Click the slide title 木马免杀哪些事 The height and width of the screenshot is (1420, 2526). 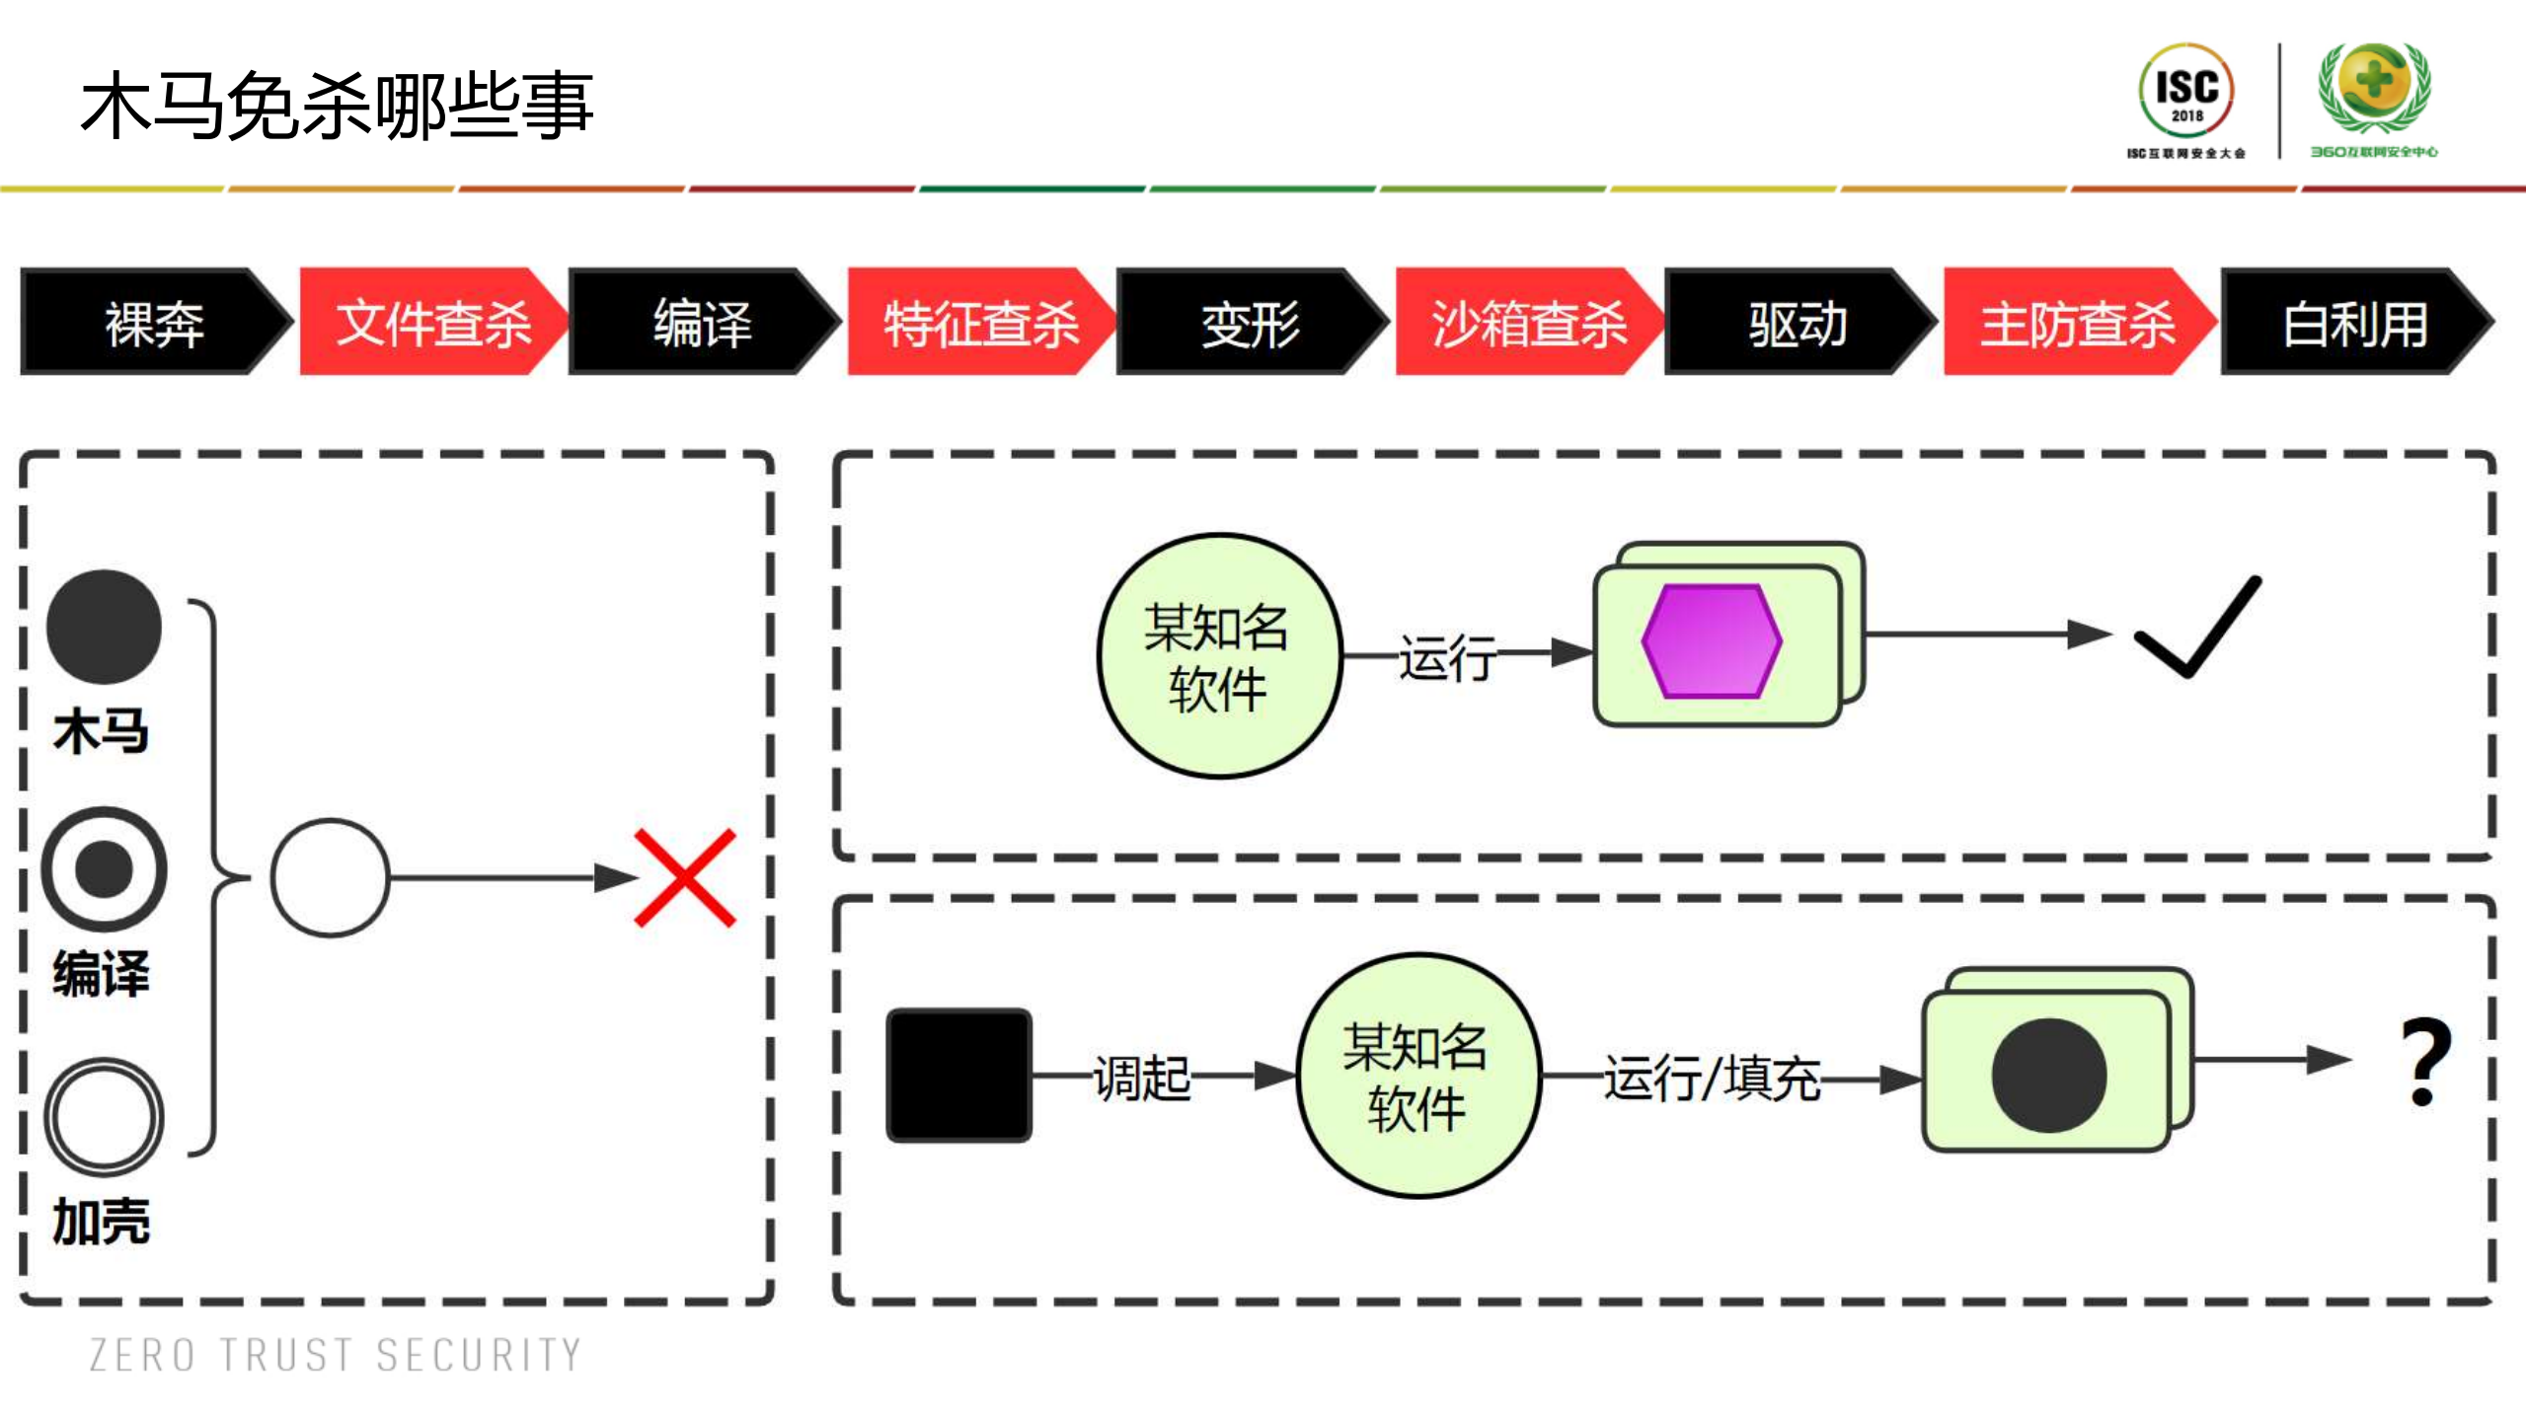[336, 106]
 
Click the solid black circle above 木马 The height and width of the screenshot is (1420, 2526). [104, 627]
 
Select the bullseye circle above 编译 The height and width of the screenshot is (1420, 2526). [104, 868]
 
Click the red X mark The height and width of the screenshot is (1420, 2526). [685, 877]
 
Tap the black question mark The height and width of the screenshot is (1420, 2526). [2425, 1062]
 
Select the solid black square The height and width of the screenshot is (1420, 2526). [958, 1075]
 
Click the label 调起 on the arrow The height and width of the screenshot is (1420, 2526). [1142, 1077]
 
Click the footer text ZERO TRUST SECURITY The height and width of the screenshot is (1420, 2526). [336, 1354]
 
